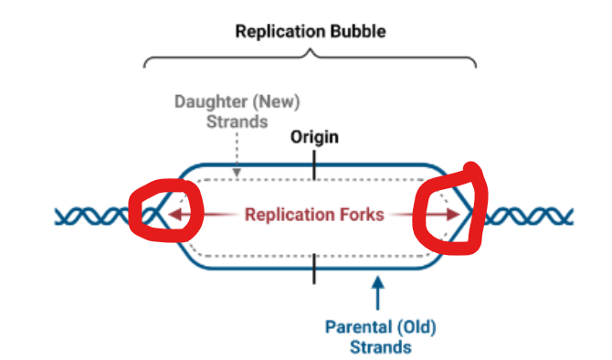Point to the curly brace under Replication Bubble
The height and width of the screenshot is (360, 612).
click(x=311, y=57)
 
